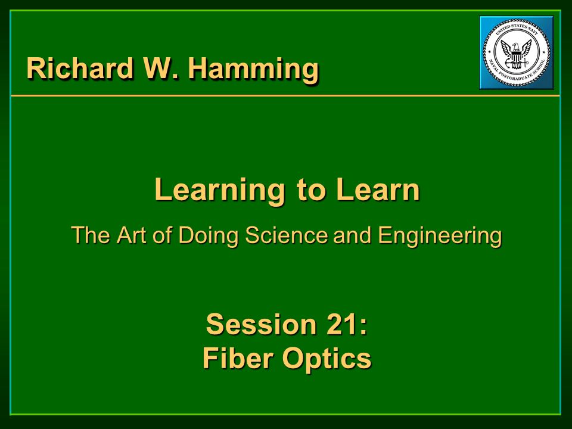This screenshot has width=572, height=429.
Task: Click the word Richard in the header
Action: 80,68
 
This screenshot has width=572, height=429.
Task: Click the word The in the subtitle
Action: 91,235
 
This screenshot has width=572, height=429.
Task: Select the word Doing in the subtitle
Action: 208,236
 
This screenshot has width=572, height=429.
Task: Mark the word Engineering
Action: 440,236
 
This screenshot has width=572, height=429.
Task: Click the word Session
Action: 261,324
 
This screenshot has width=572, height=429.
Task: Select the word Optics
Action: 327,359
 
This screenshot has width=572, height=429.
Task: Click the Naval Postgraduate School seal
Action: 516,52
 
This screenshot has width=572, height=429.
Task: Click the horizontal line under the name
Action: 285,95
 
